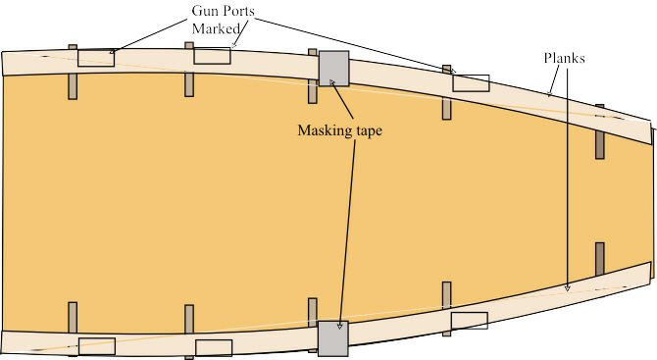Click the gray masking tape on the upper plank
[x=333, y=68]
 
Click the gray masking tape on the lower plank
[x=332, y=338]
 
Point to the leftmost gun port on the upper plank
[x=96, y=58]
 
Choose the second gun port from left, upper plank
[x=212, y=56]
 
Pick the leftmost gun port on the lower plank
[x=96, y=346]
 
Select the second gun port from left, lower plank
[x=214, y=347]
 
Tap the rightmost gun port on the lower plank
[x=469, y=320]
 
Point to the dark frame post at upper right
[x=599, y=144]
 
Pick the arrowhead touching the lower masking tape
[x=341, y=325]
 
